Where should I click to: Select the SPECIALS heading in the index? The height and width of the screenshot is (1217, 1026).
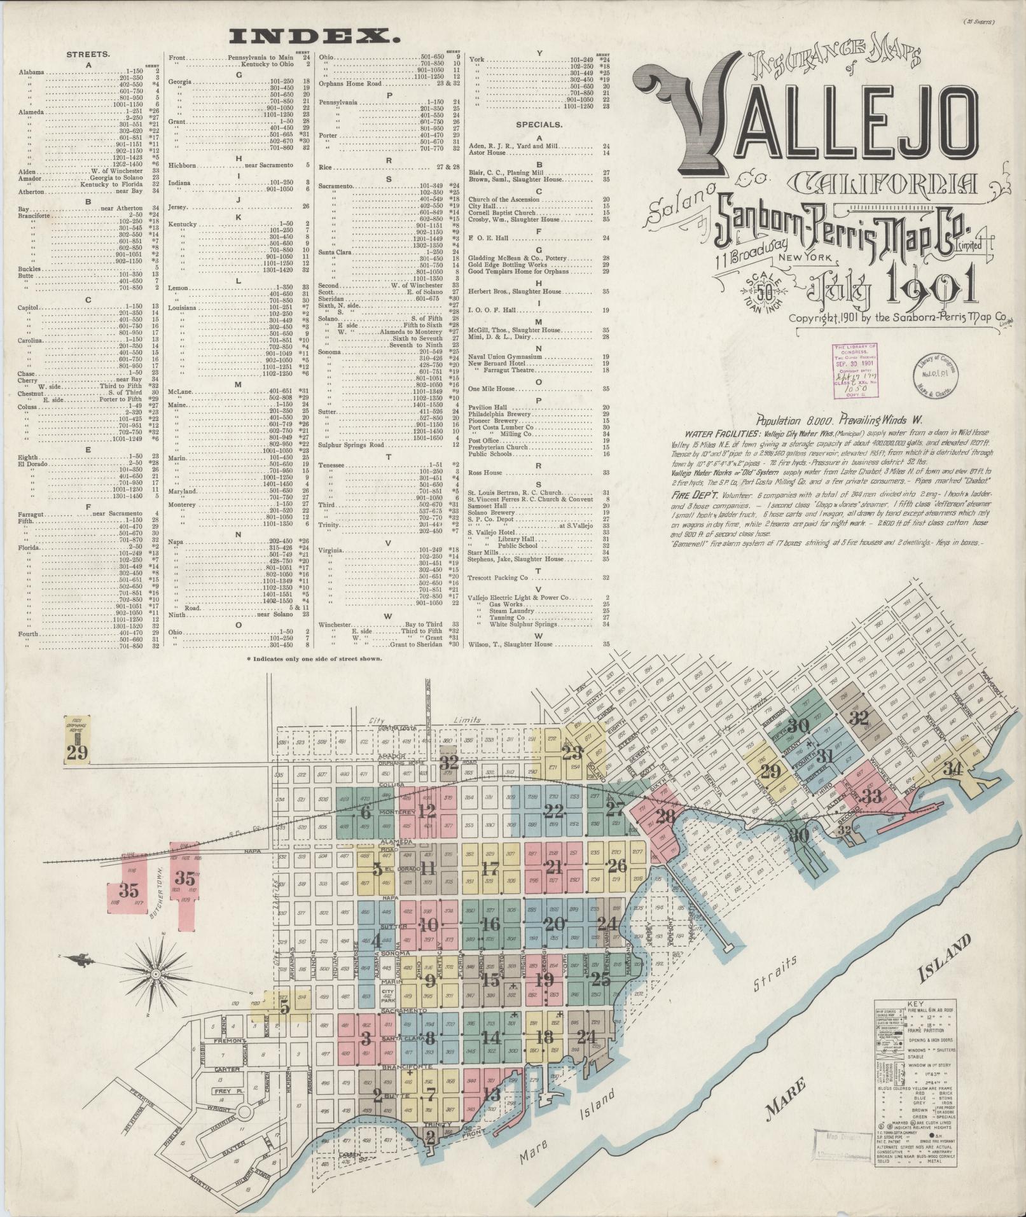click(x=539, y=125)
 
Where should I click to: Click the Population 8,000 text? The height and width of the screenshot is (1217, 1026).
click(x=786, y=421)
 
